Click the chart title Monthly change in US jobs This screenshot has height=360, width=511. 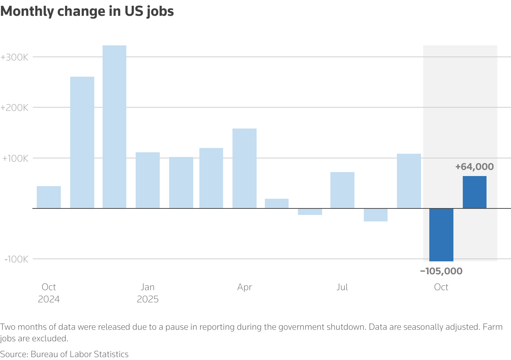point(87,12)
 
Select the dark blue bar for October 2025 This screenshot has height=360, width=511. point(441,235)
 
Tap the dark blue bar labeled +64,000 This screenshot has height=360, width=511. point(474,192)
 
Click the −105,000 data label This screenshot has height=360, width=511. point(441,271)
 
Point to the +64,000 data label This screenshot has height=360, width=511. point(474,167)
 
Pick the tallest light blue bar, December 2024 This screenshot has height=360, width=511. point(114,127)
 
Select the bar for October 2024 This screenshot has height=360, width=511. point(49,197)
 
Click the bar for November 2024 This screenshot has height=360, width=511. point(82,142)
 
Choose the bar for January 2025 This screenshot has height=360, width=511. point(148,180)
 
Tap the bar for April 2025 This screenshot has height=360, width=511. point(244,168)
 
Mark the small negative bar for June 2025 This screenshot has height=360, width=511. point(310,212)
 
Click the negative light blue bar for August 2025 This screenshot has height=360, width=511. point(375,215)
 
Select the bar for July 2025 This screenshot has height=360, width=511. point(342,190)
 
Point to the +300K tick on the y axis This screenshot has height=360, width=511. point(14,57)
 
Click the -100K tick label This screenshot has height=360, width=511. point(16,259)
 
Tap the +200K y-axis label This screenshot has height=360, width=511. point(14,108)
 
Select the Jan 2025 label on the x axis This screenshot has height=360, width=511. point(148,293)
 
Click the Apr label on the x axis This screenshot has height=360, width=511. point(244,287)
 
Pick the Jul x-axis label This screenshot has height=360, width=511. point(342,287)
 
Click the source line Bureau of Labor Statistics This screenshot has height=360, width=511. point(64,354)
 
